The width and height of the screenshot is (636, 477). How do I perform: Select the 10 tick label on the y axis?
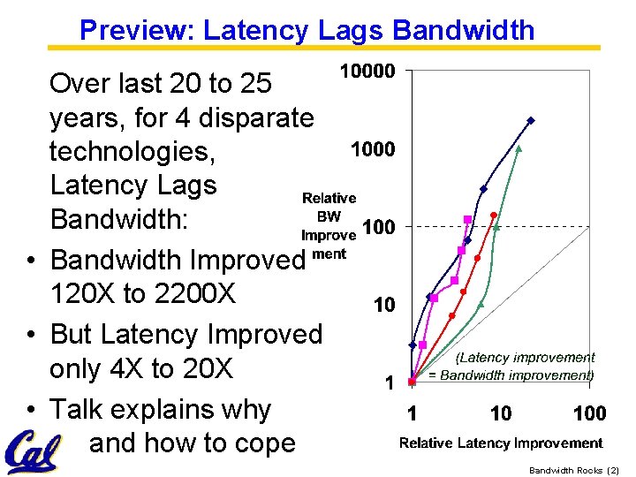pos(383,306)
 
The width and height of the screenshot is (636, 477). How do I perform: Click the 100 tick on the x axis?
pos(589,413)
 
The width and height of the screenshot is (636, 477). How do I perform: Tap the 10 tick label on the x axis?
pos(501,413)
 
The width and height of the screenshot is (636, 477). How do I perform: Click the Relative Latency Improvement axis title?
pos(501,443)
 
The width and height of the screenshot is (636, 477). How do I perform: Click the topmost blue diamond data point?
pos(531,120)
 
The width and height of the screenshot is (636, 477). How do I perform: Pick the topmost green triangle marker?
pos(519,148)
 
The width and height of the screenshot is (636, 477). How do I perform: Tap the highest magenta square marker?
pos(467,219)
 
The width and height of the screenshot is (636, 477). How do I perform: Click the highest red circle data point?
pos(494,215)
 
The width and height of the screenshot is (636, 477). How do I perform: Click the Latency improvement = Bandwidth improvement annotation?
pos(511,367)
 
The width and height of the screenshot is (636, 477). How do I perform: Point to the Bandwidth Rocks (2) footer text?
pos(574,470)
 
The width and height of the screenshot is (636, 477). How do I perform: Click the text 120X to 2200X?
pos(143,294)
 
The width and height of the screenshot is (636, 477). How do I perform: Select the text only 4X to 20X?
pos(141,369)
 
